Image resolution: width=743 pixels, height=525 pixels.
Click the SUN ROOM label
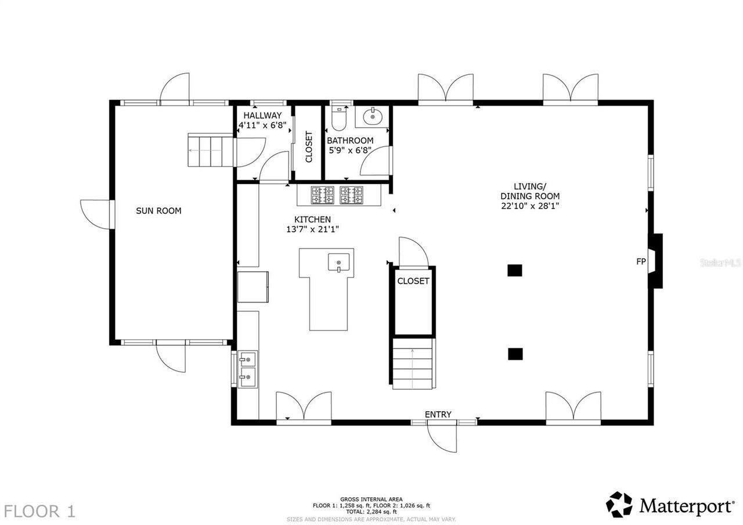(158, 211)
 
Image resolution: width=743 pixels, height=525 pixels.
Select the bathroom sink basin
(372, 117)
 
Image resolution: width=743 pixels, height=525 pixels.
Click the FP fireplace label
(641, 262)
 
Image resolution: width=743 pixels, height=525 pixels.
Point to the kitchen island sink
(338, 263)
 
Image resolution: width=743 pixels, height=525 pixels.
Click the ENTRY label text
(438, 414)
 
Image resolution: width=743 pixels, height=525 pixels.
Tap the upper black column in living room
(515, 270)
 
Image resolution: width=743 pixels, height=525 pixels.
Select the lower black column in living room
(515, 353)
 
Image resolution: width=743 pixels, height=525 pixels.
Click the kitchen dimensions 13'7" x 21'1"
(312, 229)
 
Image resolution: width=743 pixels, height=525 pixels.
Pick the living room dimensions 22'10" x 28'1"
(530, 206)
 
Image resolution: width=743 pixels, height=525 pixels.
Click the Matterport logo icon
(619, 505)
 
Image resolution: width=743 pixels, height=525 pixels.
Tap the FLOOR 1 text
(39, 511)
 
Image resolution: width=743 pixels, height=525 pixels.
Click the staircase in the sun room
(210, 150)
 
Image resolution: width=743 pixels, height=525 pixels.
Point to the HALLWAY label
(262, 116)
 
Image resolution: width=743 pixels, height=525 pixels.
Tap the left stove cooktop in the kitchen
(322, 195)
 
